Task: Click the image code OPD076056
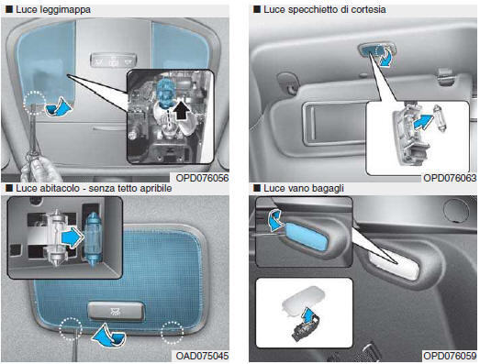pos(202,178)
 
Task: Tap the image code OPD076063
pos(450,178)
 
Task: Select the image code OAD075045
pos(202,356)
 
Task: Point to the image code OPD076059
pos(450,356)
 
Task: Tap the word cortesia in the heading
pos(368,9)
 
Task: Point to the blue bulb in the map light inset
pos(165,89)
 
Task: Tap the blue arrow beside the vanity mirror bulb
pos(423,122)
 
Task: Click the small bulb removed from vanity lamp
pos(440,117)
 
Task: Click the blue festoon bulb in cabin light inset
pos(92,240)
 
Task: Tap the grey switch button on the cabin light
pos(116,311)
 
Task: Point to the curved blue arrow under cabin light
pos(109,336)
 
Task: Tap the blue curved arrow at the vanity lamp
pos(385,57)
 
